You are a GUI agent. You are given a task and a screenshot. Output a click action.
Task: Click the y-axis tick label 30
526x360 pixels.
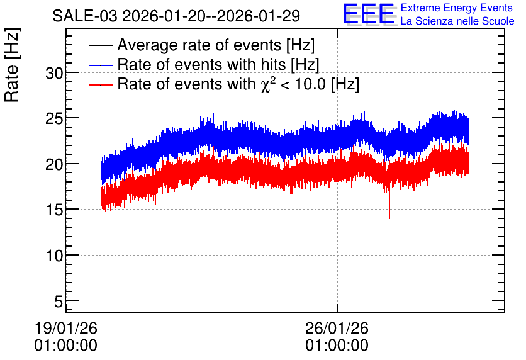55,73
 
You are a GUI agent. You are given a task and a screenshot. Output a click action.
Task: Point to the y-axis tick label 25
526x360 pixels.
55,119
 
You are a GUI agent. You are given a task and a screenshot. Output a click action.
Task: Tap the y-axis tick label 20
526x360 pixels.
55,165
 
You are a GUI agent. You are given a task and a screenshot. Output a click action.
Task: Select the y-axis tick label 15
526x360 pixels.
55,210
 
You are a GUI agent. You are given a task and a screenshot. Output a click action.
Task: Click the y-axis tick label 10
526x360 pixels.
55,256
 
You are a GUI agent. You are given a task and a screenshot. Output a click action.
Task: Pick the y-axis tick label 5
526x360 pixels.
59,301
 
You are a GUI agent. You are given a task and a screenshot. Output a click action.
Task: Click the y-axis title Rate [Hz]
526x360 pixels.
12,65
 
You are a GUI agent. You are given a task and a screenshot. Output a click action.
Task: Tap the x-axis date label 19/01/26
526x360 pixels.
65,328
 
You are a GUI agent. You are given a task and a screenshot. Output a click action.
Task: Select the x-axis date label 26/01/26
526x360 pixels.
337,328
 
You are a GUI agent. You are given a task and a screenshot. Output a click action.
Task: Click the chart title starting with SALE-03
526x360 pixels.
176,16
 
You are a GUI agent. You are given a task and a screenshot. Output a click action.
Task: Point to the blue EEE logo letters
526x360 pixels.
369,14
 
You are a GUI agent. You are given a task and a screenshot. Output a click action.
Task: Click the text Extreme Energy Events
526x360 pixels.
457,8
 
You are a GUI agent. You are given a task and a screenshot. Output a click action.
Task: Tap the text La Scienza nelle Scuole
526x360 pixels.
457,21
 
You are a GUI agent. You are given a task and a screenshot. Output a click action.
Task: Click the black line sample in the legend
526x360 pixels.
101,45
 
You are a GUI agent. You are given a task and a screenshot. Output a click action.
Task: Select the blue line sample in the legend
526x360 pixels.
101,65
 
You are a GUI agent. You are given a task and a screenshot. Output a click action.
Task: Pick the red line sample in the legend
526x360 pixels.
101,84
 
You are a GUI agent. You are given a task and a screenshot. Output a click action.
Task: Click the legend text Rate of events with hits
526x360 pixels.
203,64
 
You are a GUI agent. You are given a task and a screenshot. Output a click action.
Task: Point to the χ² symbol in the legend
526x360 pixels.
266,84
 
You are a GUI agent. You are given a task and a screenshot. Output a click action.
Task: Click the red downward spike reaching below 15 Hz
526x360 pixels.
389,205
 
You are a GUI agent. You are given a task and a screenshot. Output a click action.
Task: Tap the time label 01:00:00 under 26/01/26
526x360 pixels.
337,346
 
